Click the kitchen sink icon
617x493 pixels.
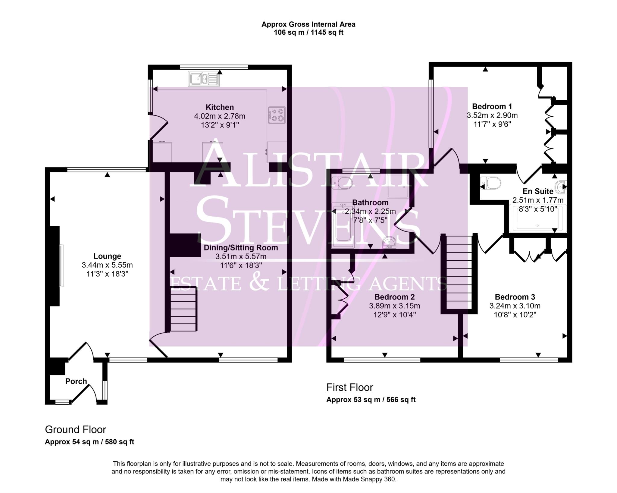pyautogui.click(x=204, y=79)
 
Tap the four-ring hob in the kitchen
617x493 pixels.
pyautogui.click(x=277, y=115)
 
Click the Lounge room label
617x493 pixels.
pyautogui.click(x=107, y=256)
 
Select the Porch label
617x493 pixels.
pyautogui.click(x=76, y=381)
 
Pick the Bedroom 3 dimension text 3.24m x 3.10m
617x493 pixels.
pyautogui.click(x=515, y=306)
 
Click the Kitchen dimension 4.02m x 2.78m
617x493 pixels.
pyautogui.click(x=220, y=116)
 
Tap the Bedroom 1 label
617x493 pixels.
pyautogui.click(x=492, y=106)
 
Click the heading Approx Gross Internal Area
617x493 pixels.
pyautogui.click(x=308, y=24)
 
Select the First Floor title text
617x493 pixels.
pyautogui.click(x=349, y=387)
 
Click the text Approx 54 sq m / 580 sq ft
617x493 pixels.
pyautogui.click(x=89, y=442)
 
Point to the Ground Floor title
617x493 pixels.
pyautogui.click(x=75, y=429)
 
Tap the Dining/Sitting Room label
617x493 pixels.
pyautogui.click(x=241, y=248)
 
